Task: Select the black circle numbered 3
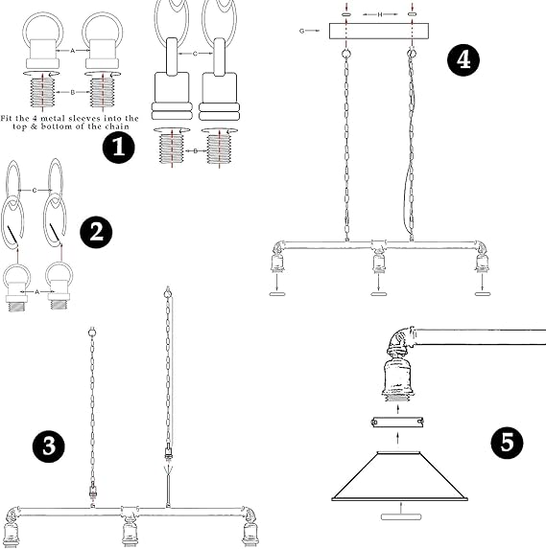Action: click(49, 446)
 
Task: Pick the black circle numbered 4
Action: click(463, 59)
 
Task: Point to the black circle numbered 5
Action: click(509, 444)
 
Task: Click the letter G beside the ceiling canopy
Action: click(302, 32)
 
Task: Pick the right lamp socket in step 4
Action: click(481, 262)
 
